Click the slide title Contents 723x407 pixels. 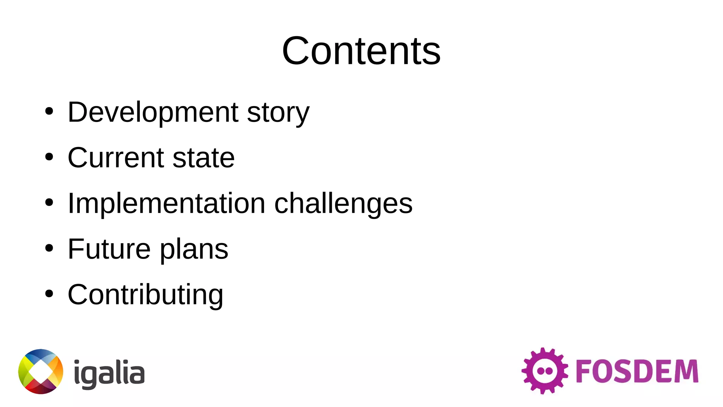coord(361,51)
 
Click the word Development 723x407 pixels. coord(153,112)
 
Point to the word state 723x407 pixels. coord(204,158)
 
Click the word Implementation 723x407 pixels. coord(166,203)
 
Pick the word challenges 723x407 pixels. coord(343,204)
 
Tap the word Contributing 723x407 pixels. coord(145,295)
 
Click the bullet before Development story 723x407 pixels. coord(49,112)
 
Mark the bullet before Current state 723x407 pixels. coord(49,157)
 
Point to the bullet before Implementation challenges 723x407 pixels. coord(49,202)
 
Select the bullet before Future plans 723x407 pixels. coord(49,248)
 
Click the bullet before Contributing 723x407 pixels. coord(49,294)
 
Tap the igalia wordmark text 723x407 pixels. coord(109,374)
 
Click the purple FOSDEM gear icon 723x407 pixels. coord(544,371)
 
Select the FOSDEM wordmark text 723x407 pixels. coord(637,371)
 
